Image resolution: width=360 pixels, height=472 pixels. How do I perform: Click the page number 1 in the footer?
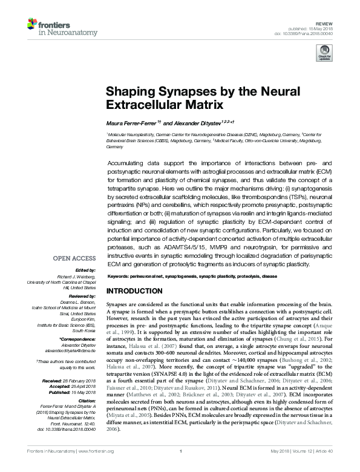pyautogui.click(x=180, y=467)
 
